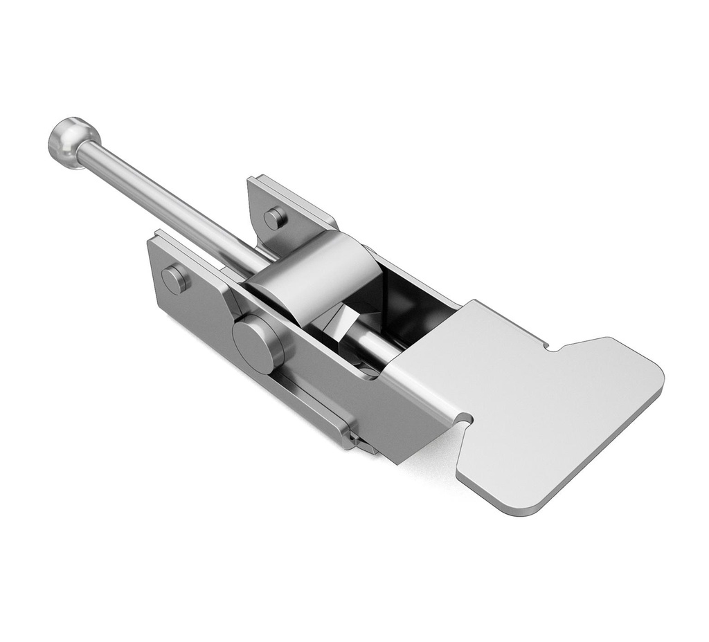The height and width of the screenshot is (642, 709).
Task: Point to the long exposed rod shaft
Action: coord(166,201)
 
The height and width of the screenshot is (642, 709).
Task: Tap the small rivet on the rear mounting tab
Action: coord(276,218)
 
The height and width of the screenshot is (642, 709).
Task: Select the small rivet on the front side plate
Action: coord(176,279)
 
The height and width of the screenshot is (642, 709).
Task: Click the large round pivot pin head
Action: coord(257,344)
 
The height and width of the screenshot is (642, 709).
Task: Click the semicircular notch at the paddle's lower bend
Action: coord(465,419)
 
